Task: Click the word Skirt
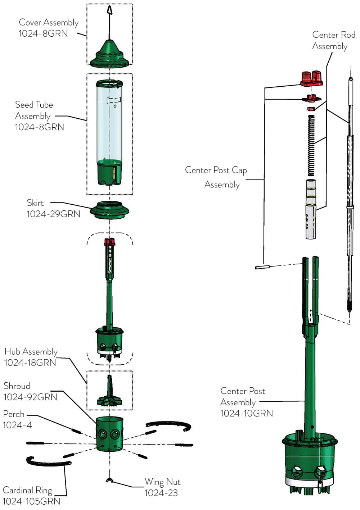coord(35,203)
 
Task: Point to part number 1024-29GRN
coord(53,214)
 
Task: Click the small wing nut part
coord(110,481)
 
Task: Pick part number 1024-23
coord(161,493)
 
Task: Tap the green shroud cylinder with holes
coord(109,433)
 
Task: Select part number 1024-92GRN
coord(30,397)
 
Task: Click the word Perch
coord(14,414)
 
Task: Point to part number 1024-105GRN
coord(31,501)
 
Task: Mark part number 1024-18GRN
coord(30,363)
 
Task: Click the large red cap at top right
coord(311,78)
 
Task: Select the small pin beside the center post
coord(262,267)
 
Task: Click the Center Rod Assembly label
coord(333,40)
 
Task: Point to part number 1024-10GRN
coord(247,414)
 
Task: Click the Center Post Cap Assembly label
coord(216,177)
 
